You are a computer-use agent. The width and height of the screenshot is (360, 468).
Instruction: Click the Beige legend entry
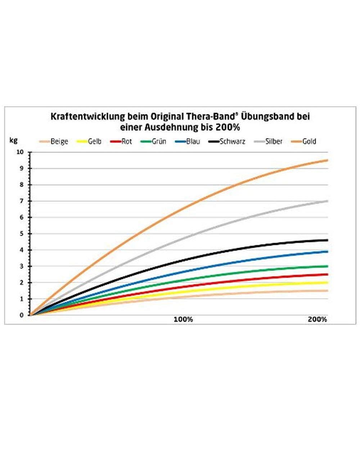click(53, 141)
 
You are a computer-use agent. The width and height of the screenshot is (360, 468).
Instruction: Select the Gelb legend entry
click(89, 141)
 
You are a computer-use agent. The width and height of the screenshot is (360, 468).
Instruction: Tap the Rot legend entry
click(121, 141)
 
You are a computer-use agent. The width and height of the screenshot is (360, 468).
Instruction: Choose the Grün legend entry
click(153, 141)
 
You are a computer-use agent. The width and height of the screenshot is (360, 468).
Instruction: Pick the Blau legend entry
click(187, 141)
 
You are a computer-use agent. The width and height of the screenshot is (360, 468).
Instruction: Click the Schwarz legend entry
click(227, 141)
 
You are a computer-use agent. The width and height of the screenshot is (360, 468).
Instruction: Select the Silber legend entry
click(268, 141)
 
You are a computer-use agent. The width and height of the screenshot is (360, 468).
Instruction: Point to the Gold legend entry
click(303, 141)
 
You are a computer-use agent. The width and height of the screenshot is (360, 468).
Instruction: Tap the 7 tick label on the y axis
click(22, 201)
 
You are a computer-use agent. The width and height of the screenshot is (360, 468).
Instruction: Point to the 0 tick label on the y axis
click(22, 315)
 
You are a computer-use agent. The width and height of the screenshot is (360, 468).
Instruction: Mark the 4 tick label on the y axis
click(22, 250)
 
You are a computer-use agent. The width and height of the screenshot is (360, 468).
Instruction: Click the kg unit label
click(13, 140)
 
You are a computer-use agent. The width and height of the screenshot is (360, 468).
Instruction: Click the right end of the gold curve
click(328, 160)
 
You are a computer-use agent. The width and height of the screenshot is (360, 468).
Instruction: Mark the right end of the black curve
click(328, 240)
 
